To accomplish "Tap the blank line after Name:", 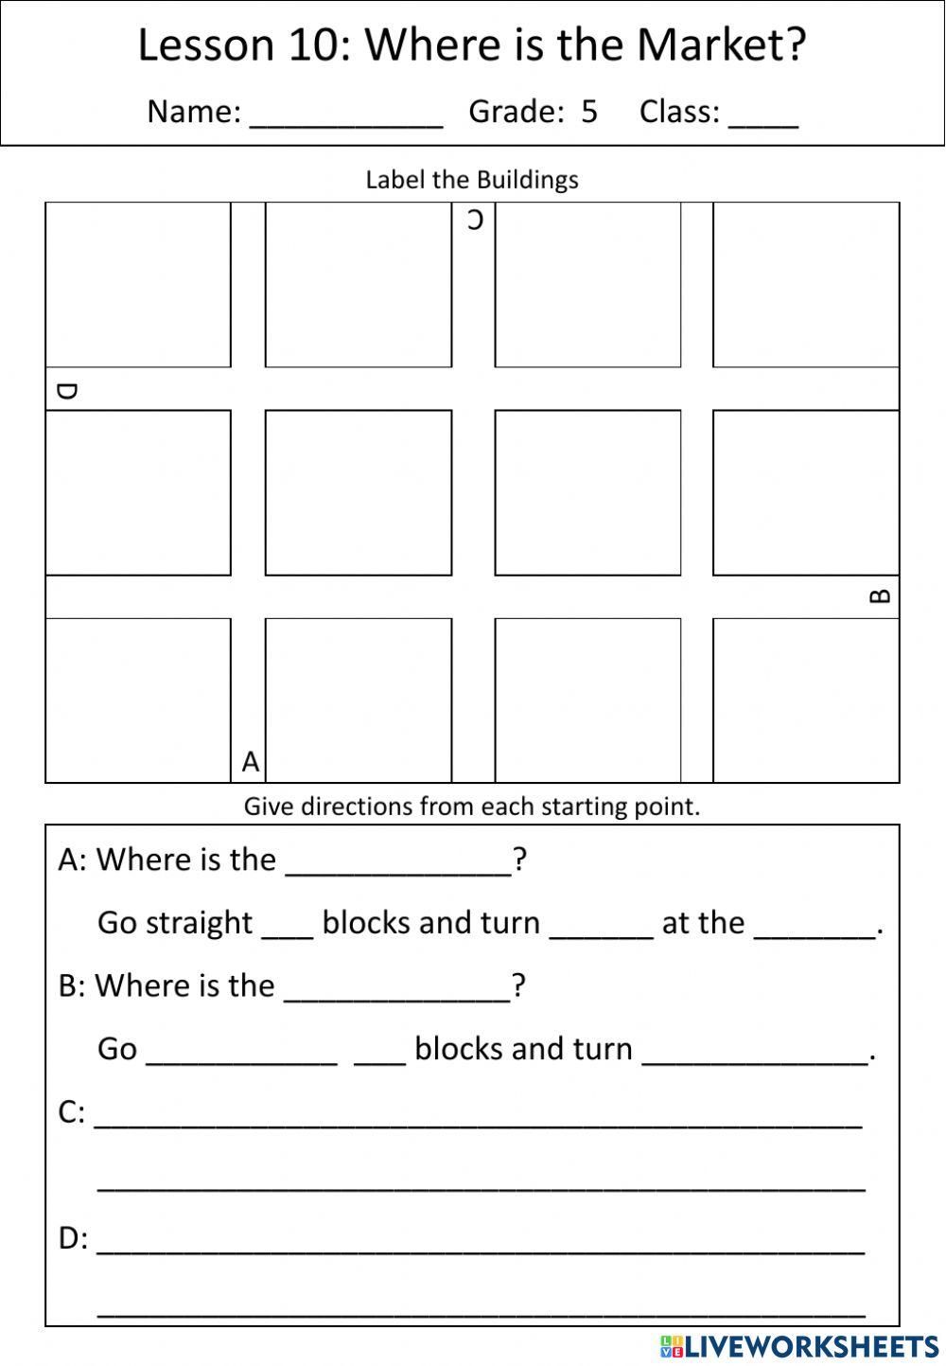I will (x=346, y=115).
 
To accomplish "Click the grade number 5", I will (x=589, y=112).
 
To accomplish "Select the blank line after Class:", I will (x=763, y=115).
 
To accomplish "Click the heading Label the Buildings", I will (x=472, y=180).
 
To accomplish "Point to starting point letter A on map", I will (x=250, y=761).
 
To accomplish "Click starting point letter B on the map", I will (x=879, y=596).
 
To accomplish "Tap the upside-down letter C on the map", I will (x=475, y=221).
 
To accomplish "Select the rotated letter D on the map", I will (x=66, y=391).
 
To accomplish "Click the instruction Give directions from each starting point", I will (x=472, y=807).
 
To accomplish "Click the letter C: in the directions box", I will (x=72, y=1112).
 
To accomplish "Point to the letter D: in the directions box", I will (x=73, y=1238).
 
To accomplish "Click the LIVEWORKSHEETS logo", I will (x=799, y=1346).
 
